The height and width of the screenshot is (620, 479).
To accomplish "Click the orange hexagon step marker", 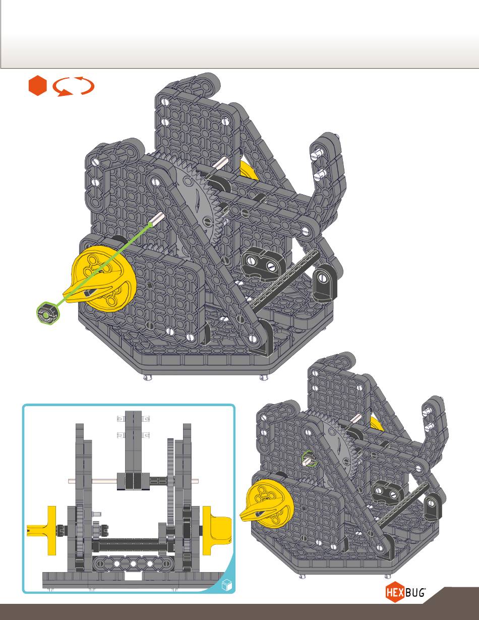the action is [x=38, y=86].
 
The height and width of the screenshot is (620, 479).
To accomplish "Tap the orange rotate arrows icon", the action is [x=74, y=86].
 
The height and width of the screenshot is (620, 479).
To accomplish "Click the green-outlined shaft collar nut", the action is [x=48, y=313].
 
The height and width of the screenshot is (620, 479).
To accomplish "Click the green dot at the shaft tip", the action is [x=150, y=224].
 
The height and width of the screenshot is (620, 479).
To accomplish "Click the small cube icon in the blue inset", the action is [x=227, y=585].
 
